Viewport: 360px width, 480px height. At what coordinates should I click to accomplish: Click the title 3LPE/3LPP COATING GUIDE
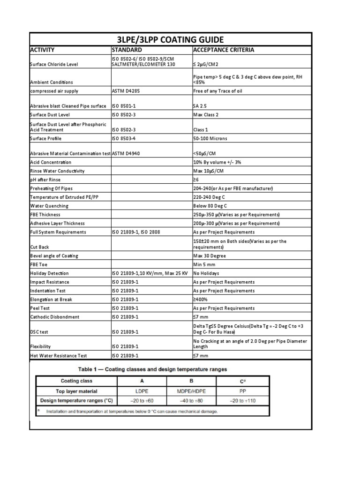pos(171,39)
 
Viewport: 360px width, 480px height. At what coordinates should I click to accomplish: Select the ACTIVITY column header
pos(43,50)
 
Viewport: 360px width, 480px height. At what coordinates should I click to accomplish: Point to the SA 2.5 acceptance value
pos(201,106)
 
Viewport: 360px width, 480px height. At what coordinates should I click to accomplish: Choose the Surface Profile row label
pos(46,139)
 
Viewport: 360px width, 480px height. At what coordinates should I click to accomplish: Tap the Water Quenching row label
pos(49,206)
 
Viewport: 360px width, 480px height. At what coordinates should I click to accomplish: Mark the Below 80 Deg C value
pos(210,206)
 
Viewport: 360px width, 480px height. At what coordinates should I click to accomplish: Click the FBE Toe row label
pos(39,264)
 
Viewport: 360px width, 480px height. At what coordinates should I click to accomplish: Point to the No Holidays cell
pos(206,273)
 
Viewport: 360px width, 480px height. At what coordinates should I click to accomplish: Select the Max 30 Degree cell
pos(210,256)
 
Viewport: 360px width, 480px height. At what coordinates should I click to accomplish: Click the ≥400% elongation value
pos(201,300)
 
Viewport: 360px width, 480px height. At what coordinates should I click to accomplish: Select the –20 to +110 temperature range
pos(240,400)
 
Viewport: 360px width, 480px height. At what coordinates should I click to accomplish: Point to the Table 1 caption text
pos(153,368)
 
